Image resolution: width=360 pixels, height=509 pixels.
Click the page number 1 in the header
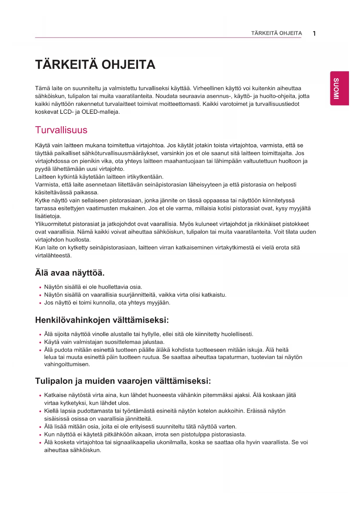[314, 33]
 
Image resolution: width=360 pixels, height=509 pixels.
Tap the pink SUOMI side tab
[339, 88]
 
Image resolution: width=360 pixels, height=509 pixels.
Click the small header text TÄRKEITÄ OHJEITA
[276, 33]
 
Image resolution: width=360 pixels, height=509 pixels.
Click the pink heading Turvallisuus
[61, 130]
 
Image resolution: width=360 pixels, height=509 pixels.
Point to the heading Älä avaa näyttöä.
[70, 273]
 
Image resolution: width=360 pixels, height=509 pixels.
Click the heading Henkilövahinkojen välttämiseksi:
[102, 320]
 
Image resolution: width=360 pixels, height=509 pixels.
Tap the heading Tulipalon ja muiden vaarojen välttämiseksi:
[123, 381]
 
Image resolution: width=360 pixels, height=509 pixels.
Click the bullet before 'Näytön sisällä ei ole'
[40, 287]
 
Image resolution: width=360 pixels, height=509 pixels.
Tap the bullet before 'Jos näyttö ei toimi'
[40, 303]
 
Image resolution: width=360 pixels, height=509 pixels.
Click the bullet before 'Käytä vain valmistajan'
[40, 342]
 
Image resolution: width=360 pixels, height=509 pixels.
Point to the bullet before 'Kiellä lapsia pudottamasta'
[40, 411]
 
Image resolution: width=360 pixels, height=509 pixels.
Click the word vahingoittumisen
[67, 364]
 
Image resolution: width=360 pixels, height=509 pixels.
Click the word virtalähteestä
[53, 256]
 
